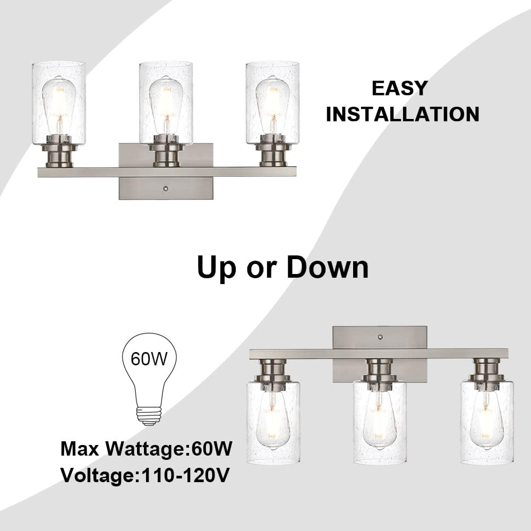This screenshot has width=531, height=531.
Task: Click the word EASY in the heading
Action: [x=399, y=88]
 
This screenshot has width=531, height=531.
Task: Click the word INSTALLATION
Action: [x=402, y=114]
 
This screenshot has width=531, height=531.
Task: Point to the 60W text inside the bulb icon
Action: [x=149, y=359]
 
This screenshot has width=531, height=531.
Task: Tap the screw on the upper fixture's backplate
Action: [x=166, y=189]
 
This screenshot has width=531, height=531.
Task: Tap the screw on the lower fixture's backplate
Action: [x=379, y=337]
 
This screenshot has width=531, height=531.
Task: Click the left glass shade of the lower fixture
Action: [x=273, y=422]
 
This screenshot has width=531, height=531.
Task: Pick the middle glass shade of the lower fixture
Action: [x=380, y=422]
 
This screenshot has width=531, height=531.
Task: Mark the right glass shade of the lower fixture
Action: [x=486, y=422]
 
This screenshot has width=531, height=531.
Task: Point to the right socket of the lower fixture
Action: [x=486, y=370]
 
